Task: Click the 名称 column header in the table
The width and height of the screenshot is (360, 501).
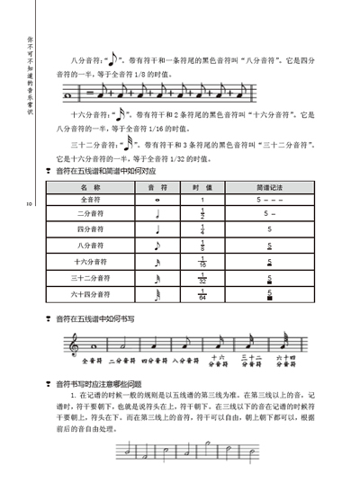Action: tap(90, 186)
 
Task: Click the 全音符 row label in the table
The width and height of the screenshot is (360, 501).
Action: tap(90, 199)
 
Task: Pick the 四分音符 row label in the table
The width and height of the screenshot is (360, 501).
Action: tap(90, 229)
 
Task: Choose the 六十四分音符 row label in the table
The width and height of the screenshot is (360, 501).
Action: tap(90, 293)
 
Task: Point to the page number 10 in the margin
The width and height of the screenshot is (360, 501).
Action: tap(29, 206)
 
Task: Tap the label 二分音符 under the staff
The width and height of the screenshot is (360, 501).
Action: tap(124, 362)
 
